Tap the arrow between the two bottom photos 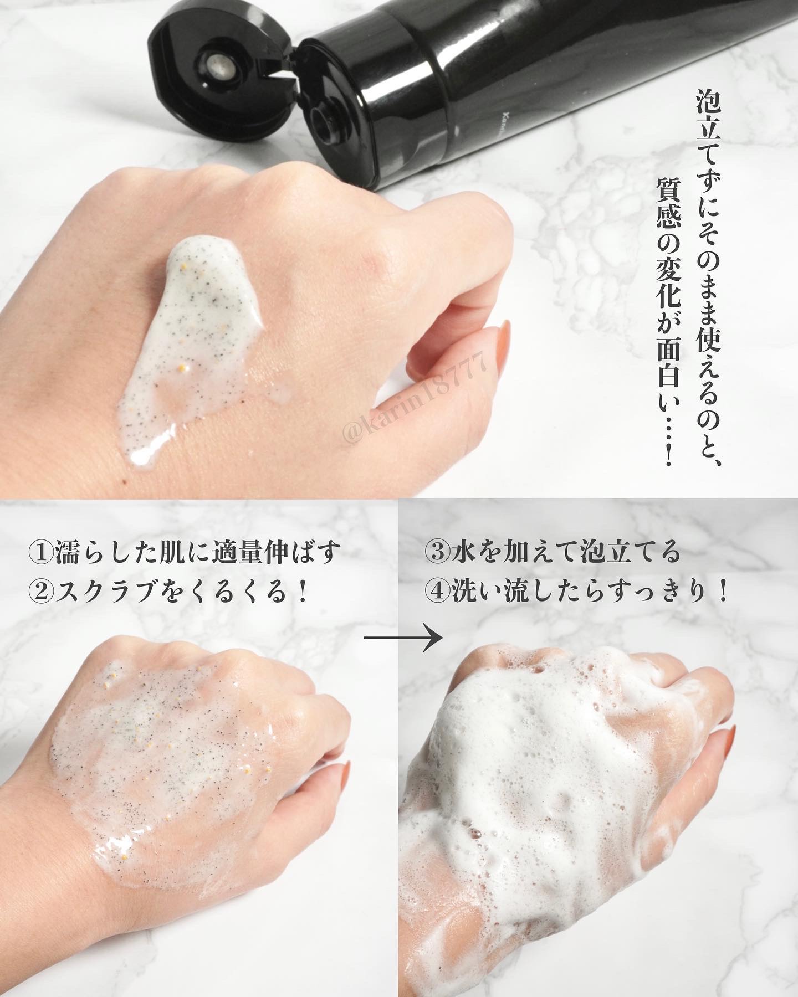pyautogui.click(x=404, y=638)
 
